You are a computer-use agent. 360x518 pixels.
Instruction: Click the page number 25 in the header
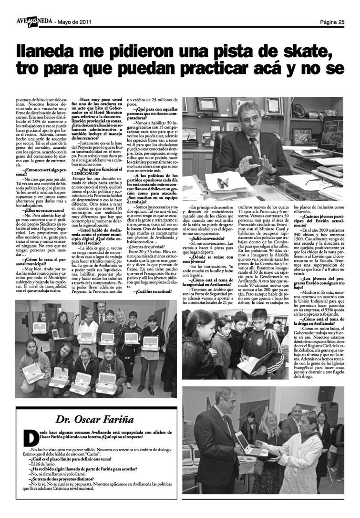click(339, 21)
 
